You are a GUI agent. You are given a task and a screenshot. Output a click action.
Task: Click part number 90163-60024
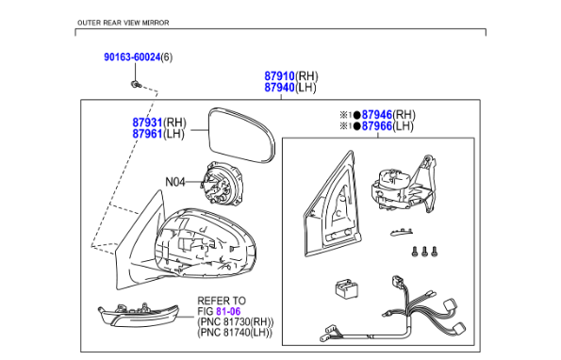(132, 57)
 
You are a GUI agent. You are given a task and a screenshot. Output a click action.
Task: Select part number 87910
(279, 76)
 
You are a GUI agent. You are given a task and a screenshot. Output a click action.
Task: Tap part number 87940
(279, 88)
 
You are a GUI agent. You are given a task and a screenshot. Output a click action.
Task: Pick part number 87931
(147, 123)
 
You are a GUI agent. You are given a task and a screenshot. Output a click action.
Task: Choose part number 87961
(147, 134)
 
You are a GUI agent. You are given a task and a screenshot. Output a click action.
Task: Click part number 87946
(377, 115)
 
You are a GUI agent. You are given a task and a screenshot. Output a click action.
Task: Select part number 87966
(377, 126)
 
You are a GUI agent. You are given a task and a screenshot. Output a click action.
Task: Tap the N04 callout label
(175, 182)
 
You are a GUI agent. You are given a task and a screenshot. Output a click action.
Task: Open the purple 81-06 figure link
(228, 311)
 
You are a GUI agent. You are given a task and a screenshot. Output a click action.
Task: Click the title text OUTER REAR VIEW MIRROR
(124, 23)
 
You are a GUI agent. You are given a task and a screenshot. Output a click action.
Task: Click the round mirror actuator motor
(223, 183)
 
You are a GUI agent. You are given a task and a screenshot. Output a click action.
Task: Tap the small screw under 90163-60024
(136, 85)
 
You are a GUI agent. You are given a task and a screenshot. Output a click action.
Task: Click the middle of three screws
(424, 252)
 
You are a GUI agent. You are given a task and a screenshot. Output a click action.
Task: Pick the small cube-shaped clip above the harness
(346, 289)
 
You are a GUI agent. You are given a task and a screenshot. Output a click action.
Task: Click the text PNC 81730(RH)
(236, 321)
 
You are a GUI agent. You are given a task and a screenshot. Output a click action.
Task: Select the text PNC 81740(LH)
(235, 333)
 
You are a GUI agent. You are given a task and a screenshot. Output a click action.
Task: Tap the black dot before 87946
(357, 115)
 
